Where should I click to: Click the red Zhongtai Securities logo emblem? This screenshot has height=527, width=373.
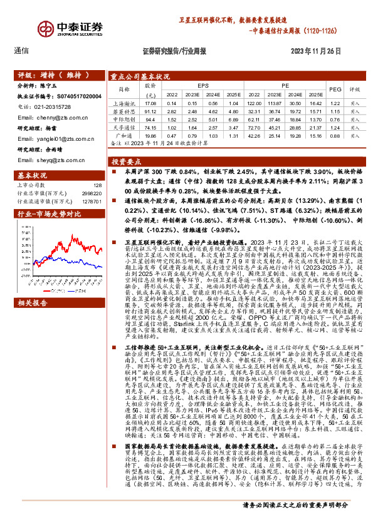click(43, 27)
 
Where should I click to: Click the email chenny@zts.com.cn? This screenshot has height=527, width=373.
click(45, 118)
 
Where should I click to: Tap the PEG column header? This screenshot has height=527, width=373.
click(335, 90)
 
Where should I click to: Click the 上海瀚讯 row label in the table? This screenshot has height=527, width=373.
click(123, 102)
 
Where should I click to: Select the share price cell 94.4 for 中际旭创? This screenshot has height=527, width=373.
click(150, 118)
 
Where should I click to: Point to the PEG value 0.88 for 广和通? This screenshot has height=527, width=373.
click(335, 135)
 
